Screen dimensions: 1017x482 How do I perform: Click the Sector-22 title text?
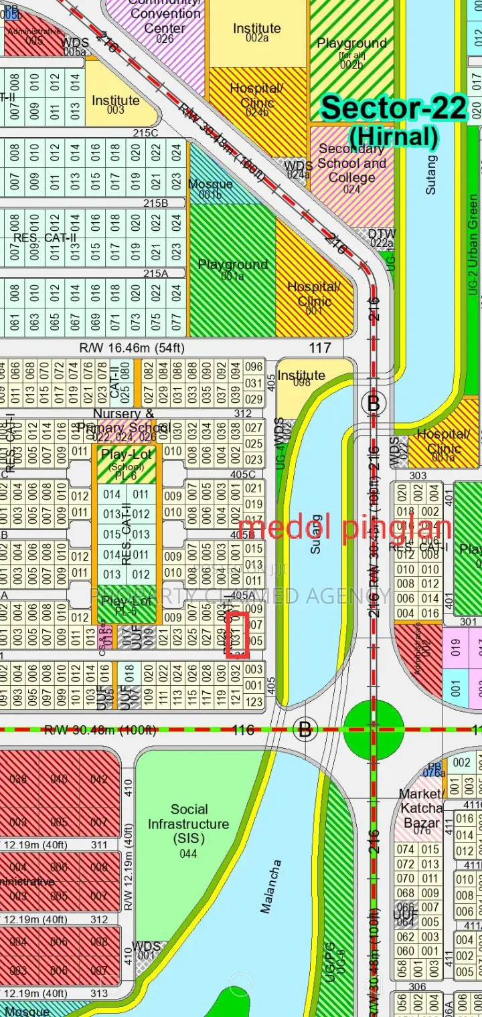pos(394,108)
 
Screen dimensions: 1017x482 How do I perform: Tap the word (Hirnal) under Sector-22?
pos(394,136)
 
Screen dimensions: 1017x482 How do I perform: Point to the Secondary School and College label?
pos(351,164)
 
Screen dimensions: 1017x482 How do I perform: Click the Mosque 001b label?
pos(210,188)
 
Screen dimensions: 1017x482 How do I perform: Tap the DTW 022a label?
pos(382,238)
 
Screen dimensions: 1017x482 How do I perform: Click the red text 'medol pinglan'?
pos(344,528)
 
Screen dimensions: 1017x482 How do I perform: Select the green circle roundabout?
pos(374,729)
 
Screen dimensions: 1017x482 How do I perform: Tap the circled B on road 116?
pos(305,729)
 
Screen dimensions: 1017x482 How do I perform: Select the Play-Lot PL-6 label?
pos(127,462)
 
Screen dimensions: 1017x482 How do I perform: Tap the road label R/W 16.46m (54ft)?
pos(132,348)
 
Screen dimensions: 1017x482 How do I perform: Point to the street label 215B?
pos(155,203)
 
